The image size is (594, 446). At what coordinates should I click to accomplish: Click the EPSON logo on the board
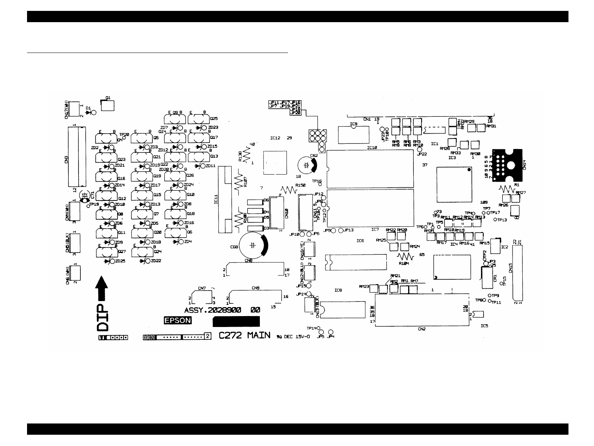tap(178, 321)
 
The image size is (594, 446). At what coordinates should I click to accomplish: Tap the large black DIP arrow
tap(102, 288)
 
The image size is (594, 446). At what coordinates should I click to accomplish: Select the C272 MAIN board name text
tap(244, 335)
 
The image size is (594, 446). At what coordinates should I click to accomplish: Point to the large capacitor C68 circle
tap(254, 246)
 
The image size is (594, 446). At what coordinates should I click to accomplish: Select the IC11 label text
tap(216, 199)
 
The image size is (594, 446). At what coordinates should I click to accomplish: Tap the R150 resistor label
tap(300, 185)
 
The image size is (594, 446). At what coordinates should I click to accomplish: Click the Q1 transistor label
tap(108, 98)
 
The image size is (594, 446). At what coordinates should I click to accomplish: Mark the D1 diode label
tap(88, 108)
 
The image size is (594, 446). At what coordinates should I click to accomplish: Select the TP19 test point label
tap(94, 204)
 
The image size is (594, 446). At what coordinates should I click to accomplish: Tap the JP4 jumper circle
tap(331, 332)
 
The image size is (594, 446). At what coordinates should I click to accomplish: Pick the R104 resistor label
tap(404, 264)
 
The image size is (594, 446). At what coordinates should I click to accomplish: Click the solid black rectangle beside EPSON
tap(236, 321)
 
